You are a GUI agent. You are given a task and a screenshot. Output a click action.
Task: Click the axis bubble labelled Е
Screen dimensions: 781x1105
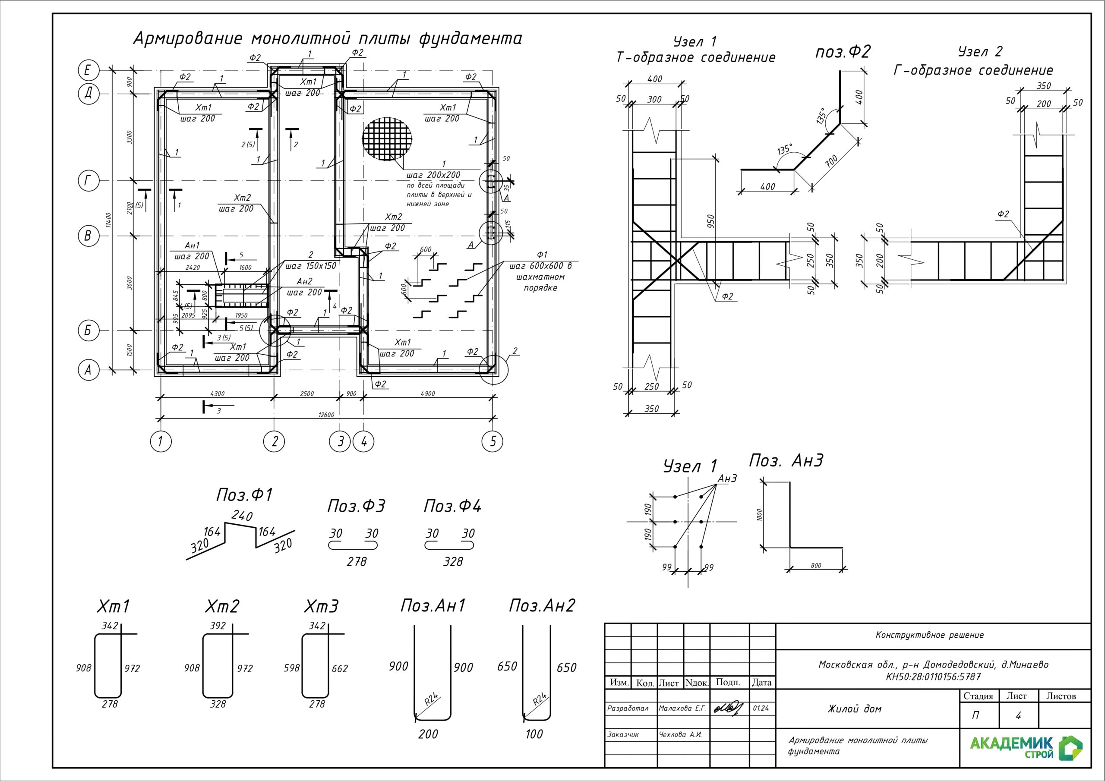click(x=88, y=71)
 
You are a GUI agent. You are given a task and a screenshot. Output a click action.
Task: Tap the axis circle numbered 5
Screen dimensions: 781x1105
click(x=493, y=441)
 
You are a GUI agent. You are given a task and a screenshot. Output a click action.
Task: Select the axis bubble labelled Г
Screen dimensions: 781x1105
click(x=88, y=181)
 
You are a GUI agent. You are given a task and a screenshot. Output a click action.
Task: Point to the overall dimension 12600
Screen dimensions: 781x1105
click(x=326, y=414)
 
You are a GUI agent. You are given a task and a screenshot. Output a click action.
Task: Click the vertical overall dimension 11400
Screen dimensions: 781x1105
click(x=109, y=220)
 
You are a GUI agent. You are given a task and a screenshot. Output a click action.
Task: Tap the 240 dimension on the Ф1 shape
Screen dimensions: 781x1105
click(x=242, y=516)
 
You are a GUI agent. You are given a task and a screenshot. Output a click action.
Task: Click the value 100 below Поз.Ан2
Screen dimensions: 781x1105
click(x=534, y=734)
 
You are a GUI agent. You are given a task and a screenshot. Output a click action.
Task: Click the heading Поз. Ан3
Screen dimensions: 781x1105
click(x=786, y=461)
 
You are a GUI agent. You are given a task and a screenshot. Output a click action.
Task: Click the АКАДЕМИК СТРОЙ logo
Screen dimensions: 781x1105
click(x=1025, y=747)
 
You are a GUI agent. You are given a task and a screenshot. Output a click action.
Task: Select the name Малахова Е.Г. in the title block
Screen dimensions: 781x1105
click(x=682, y=709)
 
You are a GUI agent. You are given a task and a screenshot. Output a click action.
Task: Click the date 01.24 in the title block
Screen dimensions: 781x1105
click(x=761, y=709)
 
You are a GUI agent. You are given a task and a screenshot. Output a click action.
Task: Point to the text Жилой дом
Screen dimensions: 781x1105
click(x=854, y=709)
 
